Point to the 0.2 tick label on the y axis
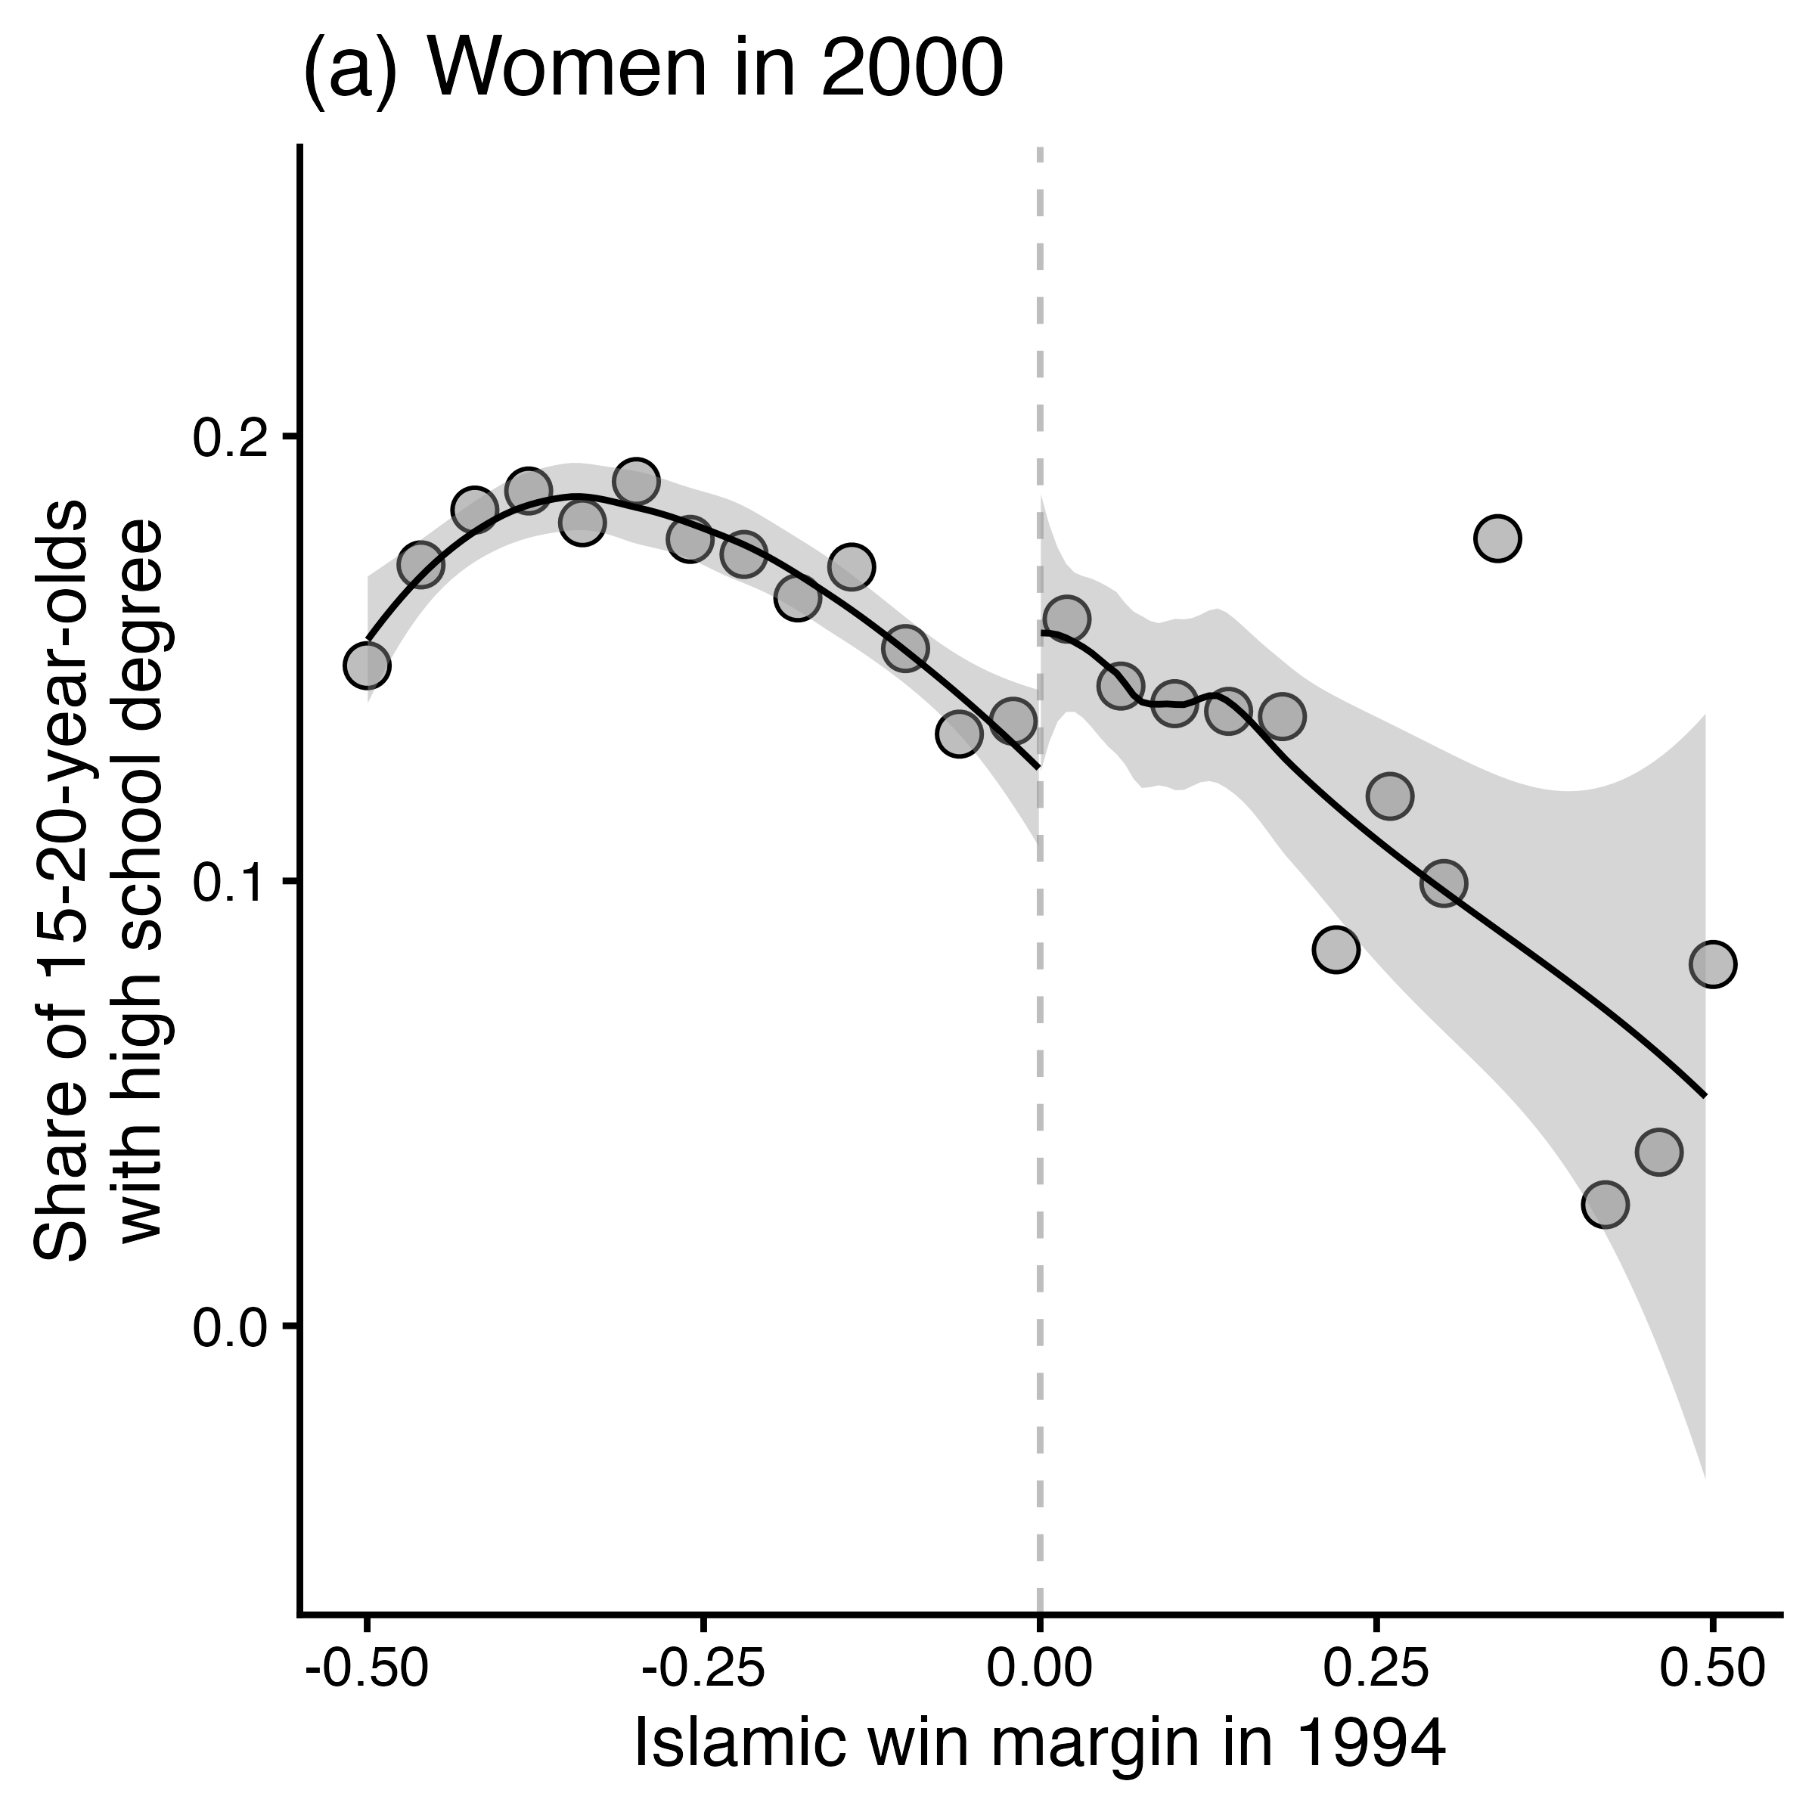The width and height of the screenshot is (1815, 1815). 231,437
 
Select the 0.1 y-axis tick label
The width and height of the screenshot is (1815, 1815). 231,881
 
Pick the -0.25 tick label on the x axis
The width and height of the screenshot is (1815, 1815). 703,1674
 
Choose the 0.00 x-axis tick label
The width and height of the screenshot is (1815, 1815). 1040,1674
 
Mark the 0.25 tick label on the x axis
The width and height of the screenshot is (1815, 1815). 1376,1674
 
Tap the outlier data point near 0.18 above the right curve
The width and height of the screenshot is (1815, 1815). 1497,538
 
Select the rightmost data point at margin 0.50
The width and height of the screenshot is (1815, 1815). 1713,964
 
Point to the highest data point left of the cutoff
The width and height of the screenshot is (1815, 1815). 636,482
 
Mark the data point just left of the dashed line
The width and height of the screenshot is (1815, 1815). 1013,721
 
